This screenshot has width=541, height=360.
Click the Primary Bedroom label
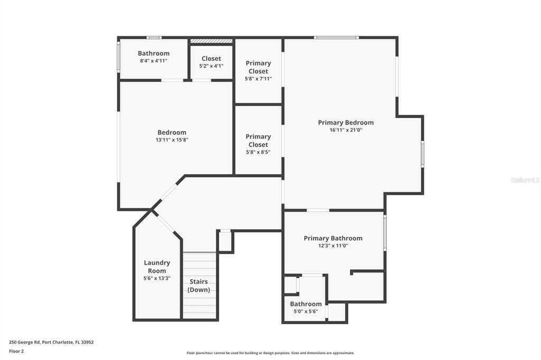(x=346, y=122)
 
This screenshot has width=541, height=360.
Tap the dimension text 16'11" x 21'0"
(x=346, y=130)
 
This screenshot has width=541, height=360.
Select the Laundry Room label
(x=157, y=267)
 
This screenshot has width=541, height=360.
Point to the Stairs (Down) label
(x=199, y=286)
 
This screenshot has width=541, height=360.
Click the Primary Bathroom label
(x=333, y=238)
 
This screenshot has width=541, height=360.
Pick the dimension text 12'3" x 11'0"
(x=333, y=245)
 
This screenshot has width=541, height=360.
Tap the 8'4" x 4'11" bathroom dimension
(x=154, y=61)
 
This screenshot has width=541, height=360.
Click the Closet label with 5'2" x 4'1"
(x=211, y=59)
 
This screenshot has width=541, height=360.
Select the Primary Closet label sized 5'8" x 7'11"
(x=258, y=67)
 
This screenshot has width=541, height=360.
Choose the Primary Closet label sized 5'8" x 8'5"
(x=258, y=140)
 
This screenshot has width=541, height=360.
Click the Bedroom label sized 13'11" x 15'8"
(x=172, y=132)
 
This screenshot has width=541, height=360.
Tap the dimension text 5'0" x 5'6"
(x=305, y=311)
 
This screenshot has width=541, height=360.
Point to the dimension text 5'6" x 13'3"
(x=157, y=278)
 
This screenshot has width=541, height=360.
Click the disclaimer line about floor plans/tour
(x=270, y=353)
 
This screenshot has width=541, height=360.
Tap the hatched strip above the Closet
(x=211, y=41)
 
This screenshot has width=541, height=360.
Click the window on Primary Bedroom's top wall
(x=336, y=37)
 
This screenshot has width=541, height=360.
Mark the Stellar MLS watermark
(x=525, y=180)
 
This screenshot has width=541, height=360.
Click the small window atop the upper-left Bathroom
(x=154, y=37)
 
